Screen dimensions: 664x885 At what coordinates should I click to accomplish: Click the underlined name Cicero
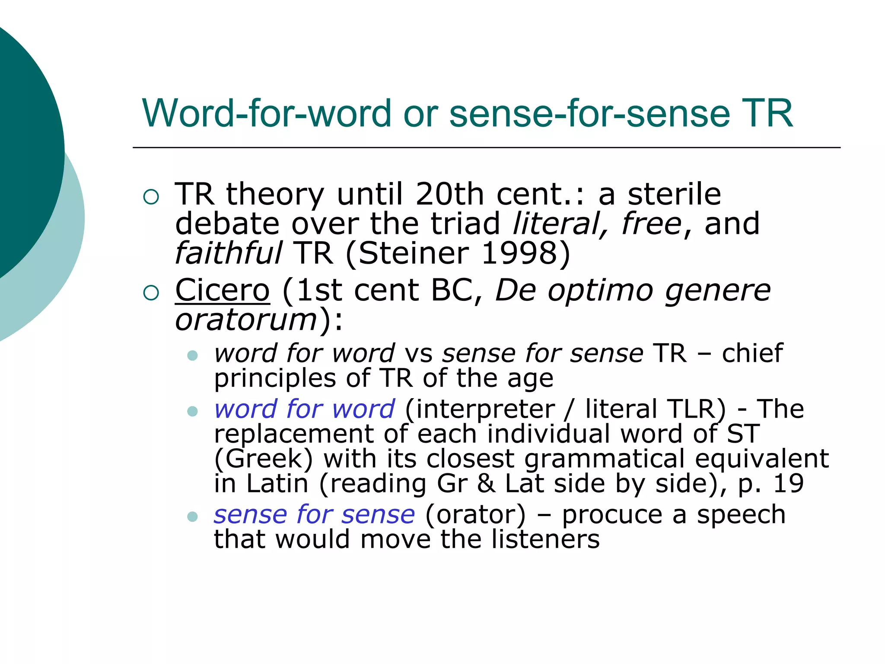point(222,290)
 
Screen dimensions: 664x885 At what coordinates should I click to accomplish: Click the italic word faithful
point(228,253)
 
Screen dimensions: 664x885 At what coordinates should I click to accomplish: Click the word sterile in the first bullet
point(674,194)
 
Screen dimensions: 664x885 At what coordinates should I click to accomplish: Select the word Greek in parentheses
point(264,459)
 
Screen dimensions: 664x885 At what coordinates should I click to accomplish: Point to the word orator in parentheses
point(476,514)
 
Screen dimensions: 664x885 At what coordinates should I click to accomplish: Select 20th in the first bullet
point(449,194)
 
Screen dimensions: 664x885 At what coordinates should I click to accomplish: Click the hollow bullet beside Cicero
point(151,293)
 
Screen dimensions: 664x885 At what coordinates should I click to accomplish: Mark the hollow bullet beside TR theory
point(151,197)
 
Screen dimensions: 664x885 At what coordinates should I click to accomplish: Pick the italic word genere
point(717,290)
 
